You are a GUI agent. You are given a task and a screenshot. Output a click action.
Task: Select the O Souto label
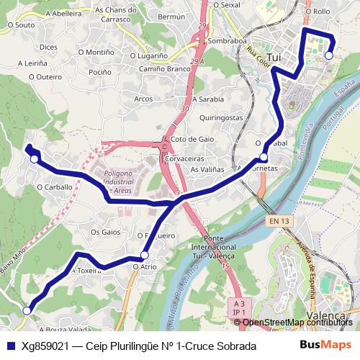coord(20,24)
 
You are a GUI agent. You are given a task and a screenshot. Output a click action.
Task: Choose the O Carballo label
coord(55,186)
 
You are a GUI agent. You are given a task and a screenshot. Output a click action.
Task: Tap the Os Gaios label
coord(105,232)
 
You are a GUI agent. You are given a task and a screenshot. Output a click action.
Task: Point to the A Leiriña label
coord(31,63)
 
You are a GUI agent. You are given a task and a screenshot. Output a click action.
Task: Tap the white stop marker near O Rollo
coord(329,55)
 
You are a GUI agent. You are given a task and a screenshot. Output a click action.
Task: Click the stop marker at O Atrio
coord(145,256)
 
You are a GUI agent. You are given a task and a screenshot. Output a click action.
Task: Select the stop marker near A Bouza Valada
coord(27,311)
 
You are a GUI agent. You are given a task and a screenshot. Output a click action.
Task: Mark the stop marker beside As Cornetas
coord(264,157)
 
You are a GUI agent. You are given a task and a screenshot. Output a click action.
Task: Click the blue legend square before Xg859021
coord(9,346)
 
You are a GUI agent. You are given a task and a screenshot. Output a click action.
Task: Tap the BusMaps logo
coord(327,345)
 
